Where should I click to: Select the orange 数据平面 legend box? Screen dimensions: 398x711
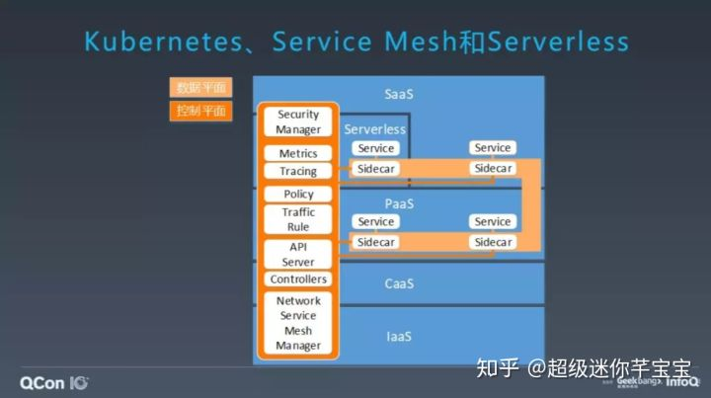point(201,89)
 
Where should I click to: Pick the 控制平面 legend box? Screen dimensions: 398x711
point(201,111)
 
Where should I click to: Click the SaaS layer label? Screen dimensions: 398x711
point(399,95)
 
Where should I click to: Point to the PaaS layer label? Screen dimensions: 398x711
point(399,203)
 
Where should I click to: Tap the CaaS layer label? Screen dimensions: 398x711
point(399,284)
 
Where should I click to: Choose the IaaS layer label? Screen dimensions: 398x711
point(399,337)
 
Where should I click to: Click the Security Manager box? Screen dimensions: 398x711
point(298,122)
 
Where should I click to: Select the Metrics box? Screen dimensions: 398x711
point(298,153)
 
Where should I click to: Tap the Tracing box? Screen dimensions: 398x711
point(298,171)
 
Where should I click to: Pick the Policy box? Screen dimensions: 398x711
point(298,195)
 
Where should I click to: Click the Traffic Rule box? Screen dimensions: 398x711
point(298,219)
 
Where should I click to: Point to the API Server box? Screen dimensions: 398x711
point(298,255)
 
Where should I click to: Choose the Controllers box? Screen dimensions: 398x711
point(298,279)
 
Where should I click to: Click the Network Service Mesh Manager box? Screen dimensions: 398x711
point(298,323)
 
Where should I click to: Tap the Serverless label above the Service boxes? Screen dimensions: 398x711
point(375,129)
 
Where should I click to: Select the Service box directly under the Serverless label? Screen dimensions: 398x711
point(376,148)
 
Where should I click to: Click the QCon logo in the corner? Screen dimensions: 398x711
point(55,381)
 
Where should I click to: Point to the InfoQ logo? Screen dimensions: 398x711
point(682,380)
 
